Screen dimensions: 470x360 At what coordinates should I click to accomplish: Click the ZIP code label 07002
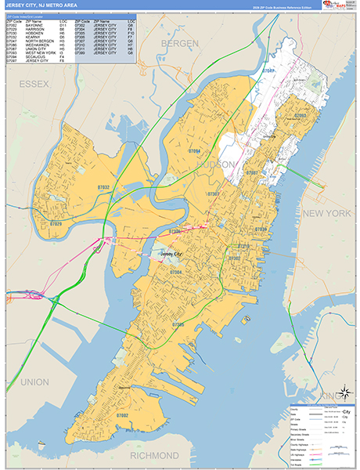click(x=122, y=415)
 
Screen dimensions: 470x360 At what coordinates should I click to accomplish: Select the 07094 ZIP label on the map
click(x=194, y=150)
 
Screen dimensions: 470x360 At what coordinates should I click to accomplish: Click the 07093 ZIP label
click(x=300, y=115)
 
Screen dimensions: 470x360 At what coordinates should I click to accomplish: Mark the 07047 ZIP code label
click(x=268, y=70)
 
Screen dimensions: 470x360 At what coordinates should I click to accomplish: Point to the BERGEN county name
click(x=180, y=45)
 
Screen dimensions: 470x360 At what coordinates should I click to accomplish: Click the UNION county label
click(x=34, y=381)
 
